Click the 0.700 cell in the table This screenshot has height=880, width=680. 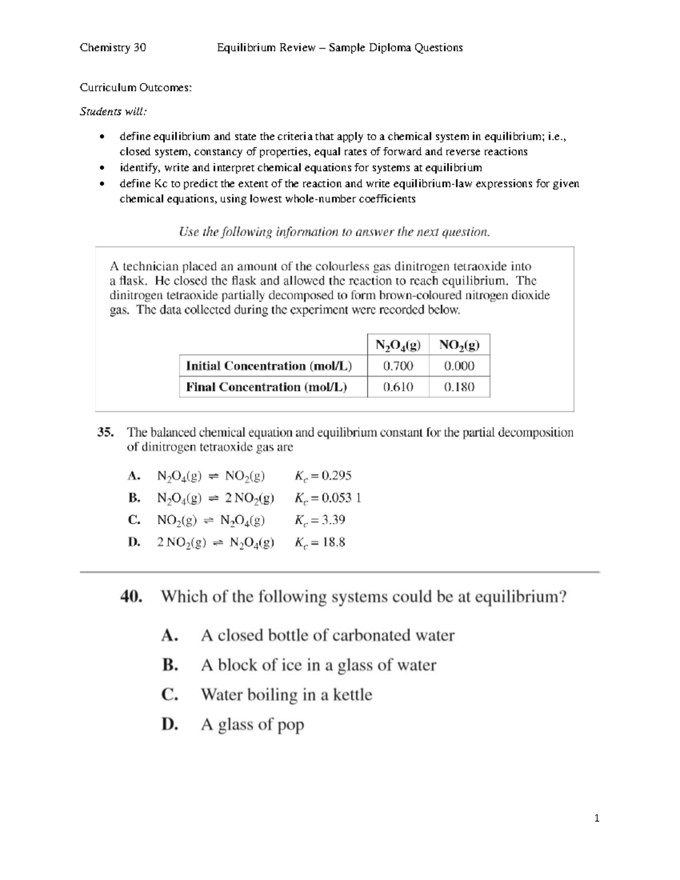coord(398,366)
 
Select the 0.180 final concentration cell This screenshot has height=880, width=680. coord(459,387)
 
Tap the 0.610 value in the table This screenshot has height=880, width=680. coord(398,387)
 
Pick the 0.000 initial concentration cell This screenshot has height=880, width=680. coord(459,366)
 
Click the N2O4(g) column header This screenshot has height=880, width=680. coord(398,345)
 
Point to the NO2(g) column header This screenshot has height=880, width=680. coord(459,345)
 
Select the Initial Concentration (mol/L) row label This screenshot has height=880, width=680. coord(269,366)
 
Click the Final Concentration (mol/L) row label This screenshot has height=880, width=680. coord(266,387)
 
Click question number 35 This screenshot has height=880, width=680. coord(105,432)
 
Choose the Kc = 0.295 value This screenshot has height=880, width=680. coord(323,475)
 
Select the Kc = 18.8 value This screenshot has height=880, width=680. coord(320,542)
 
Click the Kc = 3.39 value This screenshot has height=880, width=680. coord(320,520)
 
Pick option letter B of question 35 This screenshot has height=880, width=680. coord(134,498)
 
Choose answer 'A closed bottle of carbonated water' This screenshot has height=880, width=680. coord(328,635)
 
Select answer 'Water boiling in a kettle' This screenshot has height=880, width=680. coord(286,695)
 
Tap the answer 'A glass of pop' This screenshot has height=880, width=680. coord(252,724)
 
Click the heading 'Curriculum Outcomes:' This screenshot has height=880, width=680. coord(135,88)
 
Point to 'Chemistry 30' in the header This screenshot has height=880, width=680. coord(113,48)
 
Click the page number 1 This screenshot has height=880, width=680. coord(597,818)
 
